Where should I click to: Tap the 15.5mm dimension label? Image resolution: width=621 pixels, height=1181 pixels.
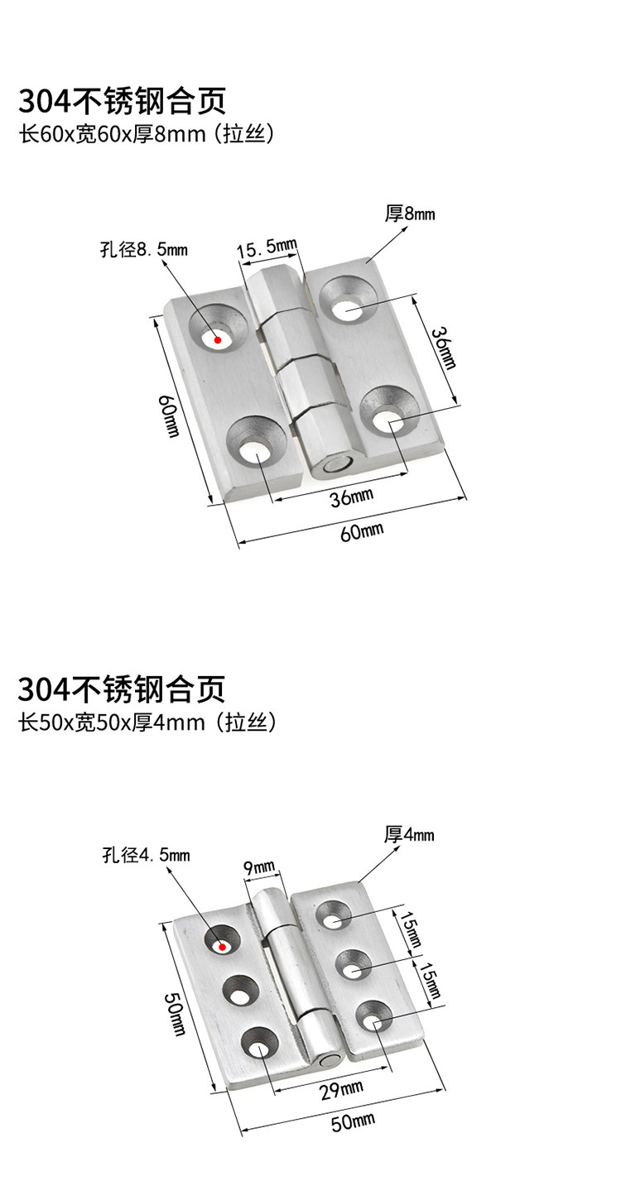(x=266, y=247)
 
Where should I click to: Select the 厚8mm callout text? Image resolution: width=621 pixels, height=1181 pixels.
(x=410, y=214)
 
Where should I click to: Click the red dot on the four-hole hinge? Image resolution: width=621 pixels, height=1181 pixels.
(x=217, y=338)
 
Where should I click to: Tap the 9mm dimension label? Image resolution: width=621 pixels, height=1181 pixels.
(x=259, y=867)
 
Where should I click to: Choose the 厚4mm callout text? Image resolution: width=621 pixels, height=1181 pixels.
(x=409, y=834)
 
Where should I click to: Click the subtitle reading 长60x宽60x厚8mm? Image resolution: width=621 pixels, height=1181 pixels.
(x=146, y=134)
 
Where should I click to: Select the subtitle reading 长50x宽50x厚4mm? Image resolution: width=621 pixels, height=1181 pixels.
(x=146, y=723)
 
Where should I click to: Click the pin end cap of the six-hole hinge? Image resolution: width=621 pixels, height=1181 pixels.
(x=329, y=1059)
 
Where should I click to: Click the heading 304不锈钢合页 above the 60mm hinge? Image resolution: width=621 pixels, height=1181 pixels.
(x=121, y=103)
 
